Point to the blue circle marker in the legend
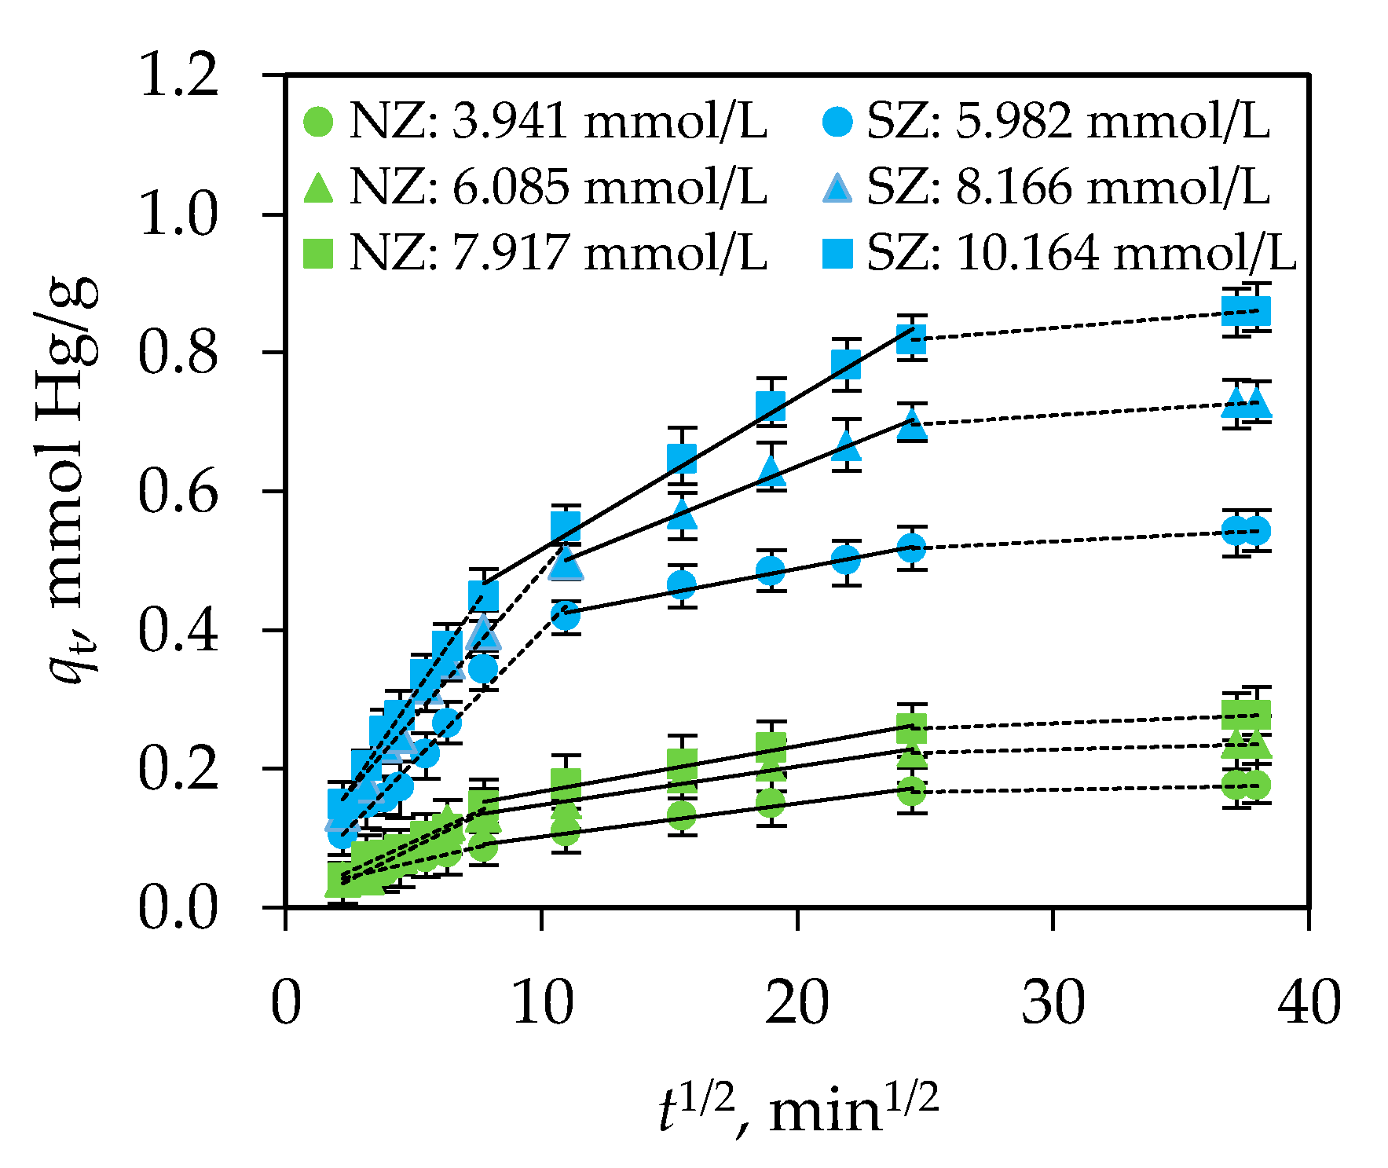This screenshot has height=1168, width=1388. pyautogui.click(x=837, y=122)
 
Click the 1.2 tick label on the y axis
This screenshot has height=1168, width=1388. pyautogui.click(x=178, y=76)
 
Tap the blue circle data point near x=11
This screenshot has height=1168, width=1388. pyautogui.click(x=565, y=617)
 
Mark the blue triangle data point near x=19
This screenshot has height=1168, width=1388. pyautogui.click(x=771, y=470)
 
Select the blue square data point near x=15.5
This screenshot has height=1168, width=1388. pyautogui.click(x=682, y=459)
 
